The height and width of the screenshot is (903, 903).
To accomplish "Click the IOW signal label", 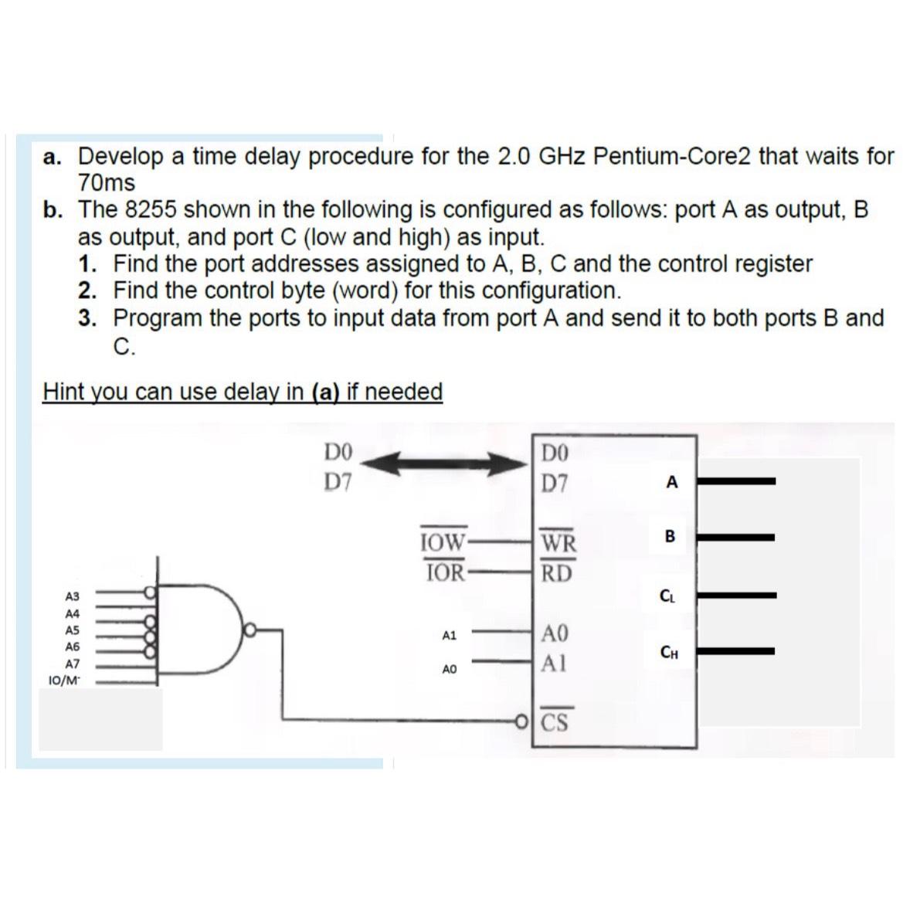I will [x=443, y=541].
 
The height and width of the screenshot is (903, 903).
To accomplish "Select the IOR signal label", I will [x=445, y=572].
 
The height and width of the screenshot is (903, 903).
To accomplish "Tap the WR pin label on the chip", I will [x=558, y=543].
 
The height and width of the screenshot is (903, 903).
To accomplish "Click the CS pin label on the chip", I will [x=555, y=724].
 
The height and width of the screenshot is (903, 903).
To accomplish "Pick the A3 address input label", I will [x=73, y=596].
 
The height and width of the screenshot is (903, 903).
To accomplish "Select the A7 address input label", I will [x=73, y=664].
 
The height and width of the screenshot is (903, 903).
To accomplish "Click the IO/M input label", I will [x=63, y=681].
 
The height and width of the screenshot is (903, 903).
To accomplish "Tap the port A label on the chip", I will [x=671, y=483].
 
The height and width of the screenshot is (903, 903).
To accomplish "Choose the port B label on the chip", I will [x=670, y=536].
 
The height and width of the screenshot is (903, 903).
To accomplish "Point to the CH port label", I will [x=669, y=653].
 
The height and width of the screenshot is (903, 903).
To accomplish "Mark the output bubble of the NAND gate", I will [x=250, y=630].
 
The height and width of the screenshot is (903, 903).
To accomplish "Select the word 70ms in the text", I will [x=107, y=184].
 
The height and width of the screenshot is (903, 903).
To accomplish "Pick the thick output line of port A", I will [x=741, y=481].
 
